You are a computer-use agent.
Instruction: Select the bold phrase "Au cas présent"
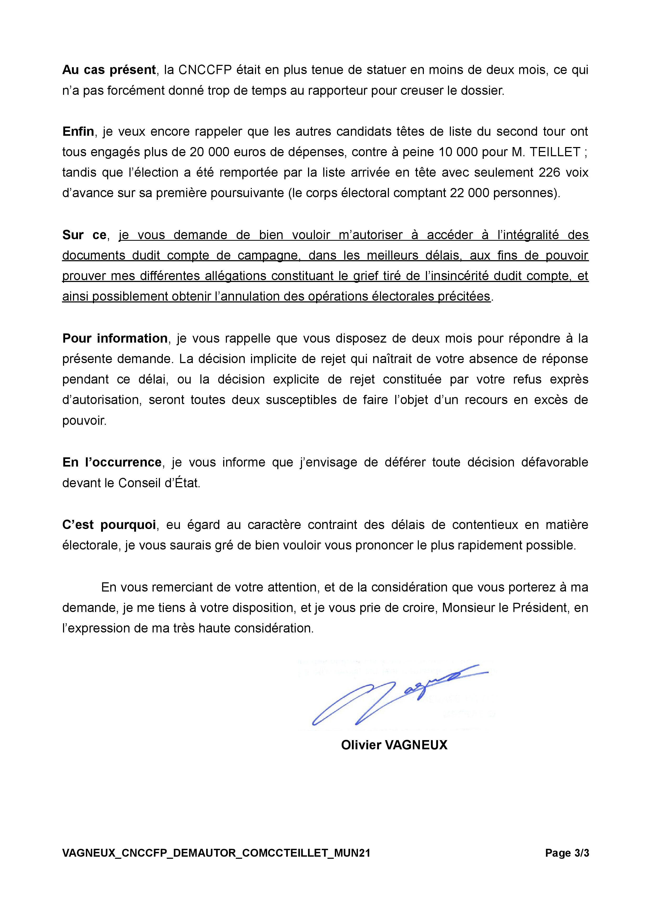[x=109, y=70]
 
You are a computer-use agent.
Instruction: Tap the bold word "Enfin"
[x=78, y=132]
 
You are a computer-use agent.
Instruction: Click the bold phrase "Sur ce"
[x=84, y=235]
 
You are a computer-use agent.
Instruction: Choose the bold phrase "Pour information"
[x=115, y=338]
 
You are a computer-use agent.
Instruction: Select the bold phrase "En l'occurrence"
[x=112, y=462]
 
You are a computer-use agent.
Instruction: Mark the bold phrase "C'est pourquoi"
[x=109, y=525]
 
